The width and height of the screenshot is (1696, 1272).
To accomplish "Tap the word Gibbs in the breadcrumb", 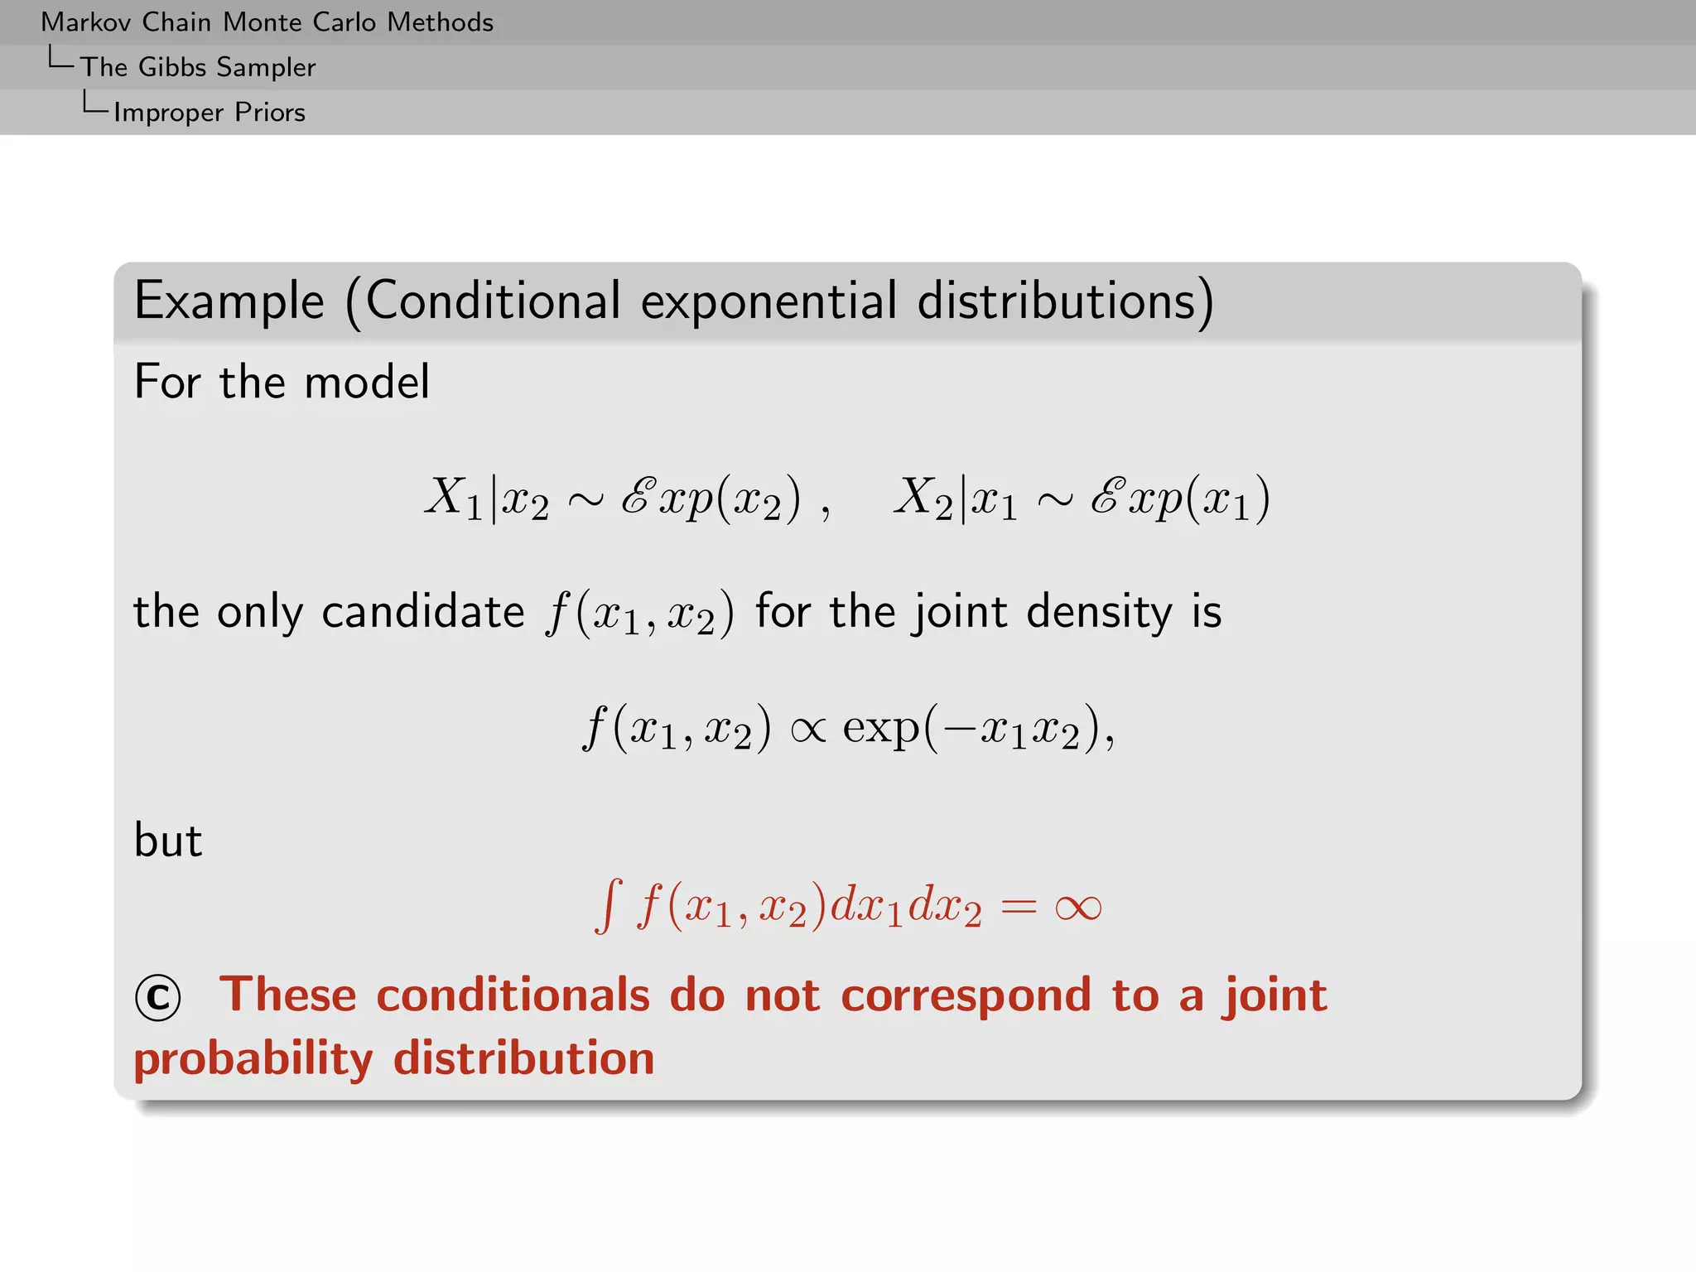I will (172, 67).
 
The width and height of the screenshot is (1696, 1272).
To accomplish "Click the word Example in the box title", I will (229, 301).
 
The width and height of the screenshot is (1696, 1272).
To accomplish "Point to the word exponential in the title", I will (768, 301).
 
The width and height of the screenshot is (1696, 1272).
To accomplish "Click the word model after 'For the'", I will (367, 383).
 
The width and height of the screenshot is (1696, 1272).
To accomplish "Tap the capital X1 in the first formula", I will (453, 499).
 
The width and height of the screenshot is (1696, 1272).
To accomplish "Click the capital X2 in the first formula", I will (923, 499).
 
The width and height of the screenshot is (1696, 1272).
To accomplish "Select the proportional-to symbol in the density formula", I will (808, 729).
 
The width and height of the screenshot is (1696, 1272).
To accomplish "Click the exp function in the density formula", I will (881, 729).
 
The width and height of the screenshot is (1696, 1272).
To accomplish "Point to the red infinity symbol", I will (1078, 908).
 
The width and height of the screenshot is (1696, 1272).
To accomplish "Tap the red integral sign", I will (609, 906).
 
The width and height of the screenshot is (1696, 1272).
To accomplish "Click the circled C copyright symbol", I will (158, 997).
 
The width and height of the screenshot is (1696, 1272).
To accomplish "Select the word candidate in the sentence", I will (423, 613).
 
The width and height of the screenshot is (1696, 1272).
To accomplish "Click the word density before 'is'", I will (1100, 613).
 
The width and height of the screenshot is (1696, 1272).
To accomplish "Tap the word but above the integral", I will (168, 841).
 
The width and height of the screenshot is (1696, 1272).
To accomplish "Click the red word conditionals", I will (513, 995).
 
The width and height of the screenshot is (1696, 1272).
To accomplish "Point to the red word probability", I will (253, 1059).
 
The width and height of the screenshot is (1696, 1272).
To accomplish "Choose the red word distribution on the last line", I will (523, 1059).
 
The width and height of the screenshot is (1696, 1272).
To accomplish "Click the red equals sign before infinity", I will (1018, 908).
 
